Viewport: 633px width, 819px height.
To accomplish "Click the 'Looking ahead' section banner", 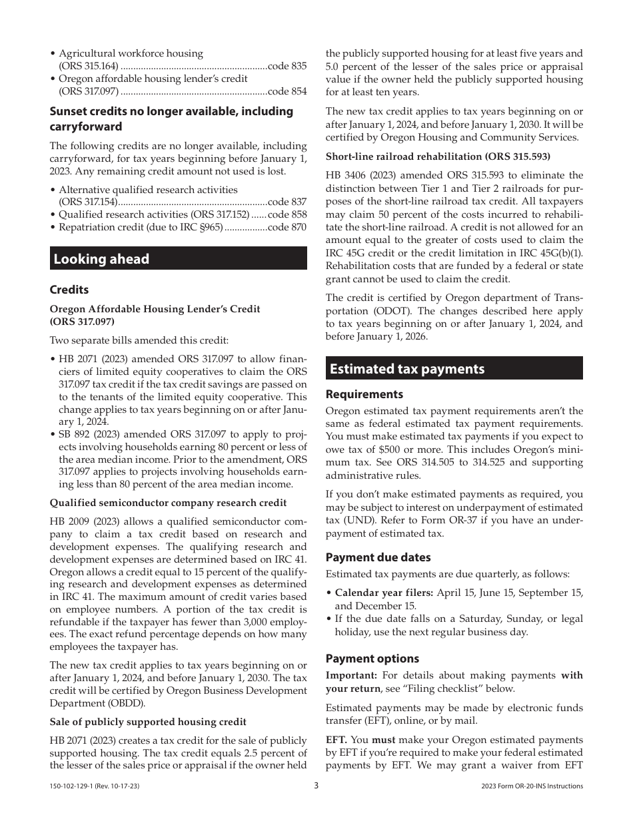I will click(178, 258).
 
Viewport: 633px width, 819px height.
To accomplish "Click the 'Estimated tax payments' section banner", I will click(454, 368).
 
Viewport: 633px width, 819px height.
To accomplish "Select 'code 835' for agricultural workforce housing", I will click(287, 66).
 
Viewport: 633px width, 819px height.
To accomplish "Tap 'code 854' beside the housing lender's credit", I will click(287, 91).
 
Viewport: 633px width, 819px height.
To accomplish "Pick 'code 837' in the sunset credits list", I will click(287, 202).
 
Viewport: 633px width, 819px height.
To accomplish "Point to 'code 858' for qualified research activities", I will click(287, 214).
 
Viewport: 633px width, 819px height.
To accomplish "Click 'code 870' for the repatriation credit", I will click(287, 227).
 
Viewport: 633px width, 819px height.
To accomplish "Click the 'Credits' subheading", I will click(69, 290).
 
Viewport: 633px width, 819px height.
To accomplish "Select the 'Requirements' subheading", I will click(364, 394).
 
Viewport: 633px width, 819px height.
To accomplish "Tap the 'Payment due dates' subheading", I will click(378, 557).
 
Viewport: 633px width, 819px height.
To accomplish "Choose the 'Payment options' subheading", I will click(372, 659).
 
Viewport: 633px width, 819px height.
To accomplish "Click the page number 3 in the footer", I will click(316, 786).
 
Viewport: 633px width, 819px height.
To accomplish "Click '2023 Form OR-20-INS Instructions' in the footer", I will click(532, 786).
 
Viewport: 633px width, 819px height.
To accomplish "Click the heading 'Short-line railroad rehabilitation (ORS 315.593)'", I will click(438, 156).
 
